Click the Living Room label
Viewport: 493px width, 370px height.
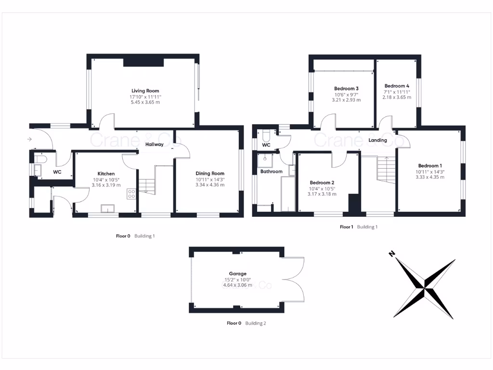pyautogui.click(x=145, y=91)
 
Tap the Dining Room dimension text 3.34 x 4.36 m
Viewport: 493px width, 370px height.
pyautogui.click(x=210, y=185)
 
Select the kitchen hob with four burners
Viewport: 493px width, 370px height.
pyautogui.click(x=130, y=194)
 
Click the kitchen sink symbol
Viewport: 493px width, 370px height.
pyautogui.click(x=106, y=208)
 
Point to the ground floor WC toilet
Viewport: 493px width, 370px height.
pyautogui.click(x=40, y=159)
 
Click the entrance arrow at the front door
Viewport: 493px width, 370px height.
pyautogui.click(x=29, y=139)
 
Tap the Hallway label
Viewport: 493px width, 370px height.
pyautogui.click(x=154, y=144)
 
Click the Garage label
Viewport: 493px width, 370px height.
pyautogui.click(x=237, y=274)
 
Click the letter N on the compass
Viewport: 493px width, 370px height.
pyautogui.click(x=392, y=253)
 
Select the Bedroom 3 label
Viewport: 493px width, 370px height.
pyautogui.click(x=346, y=88)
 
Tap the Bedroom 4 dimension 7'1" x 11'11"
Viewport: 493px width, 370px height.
pyautogui.click(x=397, y=92)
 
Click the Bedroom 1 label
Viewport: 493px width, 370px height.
pyautogui.click(x=429, y=166)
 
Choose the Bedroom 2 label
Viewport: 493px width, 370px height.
pyautogui.click(x=322, y=183)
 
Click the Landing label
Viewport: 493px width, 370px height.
pyautogui.click(x=377, y=140)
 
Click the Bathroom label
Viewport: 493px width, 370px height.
pyautogui.click(x=271, y=172)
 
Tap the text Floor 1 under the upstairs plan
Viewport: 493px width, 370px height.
pyautogui.click(x=346, y=226)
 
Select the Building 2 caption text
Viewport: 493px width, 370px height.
pyautogui.click(x=255, y=323)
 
